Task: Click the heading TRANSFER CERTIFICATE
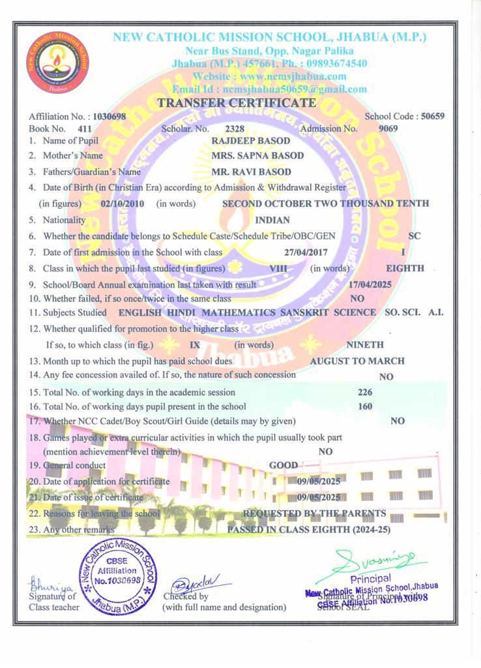point(237,103)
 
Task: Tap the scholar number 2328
point(234,129)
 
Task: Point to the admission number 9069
point(388,129)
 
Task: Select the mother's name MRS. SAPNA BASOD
point(258,156)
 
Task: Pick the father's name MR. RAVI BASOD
point(252,172)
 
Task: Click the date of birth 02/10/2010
point(123,204)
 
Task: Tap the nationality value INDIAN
point(272,220)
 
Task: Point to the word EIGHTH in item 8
point(405,268)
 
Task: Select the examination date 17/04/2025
point(372,285)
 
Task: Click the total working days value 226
point(366,392)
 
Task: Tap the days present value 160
point(366,407)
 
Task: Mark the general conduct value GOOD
point(284,466)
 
